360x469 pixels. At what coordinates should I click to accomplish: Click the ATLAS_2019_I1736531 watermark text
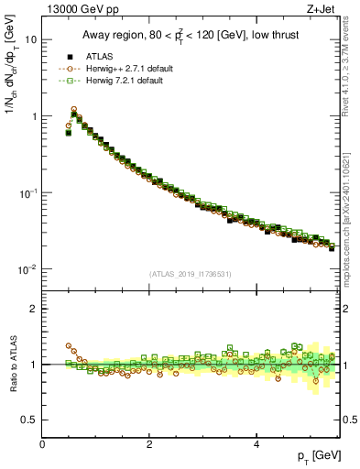pyautogui.click(x=190, y=274)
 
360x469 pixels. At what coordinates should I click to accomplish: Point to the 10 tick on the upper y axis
pyautogui.click(x=30, y=40)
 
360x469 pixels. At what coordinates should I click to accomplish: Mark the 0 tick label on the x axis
pyautogui.click(x=42, y=444)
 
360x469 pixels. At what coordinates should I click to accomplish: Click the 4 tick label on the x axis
pyautogui.click(x=256, y=444)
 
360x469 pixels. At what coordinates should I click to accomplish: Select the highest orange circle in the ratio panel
pyautogui.click(x=69, y=346)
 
